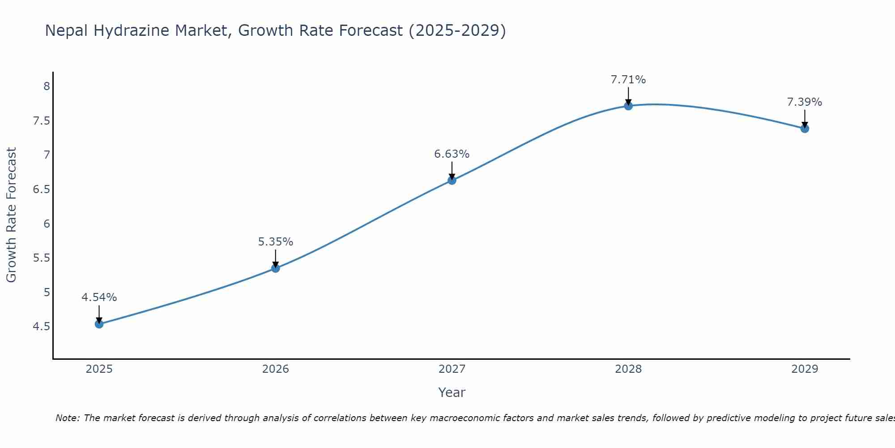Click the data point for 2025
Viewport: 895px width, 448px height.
point(99,324)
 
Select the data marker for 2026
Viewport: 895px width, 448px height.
point(276,268)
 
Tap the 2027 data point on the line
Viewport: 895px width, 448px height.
point(452,181)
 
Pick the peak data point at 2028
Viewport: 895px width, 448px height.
point(628,106)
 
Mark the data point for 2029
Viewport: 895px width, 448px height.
point(805,129)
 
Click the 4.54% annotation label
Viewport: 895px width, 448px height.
point(99,297)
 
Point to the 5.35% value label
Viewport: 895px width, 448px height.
point(276,242)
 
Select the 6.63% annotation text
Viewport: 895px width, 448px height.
point(452,154)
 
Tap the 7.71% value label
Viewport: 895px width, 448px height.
point(628,80)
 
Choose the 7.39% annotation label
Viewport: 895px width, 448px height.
point(805,102)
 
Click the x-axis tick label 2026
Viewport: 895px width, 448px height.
point(276,369)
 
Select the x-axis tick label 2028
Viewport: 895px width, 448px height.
point(628,369)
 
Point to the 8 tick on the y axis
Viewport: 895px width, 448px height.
point(47,86)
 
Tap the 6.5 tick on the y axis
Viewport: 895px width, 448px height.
point(42,190)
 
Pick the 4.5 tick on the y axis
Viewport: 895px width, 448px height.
point(42,327)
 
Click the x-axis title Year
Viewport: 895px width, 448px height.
point(452,392)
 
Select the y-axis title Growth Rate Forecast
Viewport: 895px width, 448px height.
point(11,215)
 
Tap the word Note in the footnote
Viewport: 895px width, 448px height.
point(67,418)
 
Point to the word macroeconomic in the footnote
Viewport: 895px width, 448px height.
point(477,418)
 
